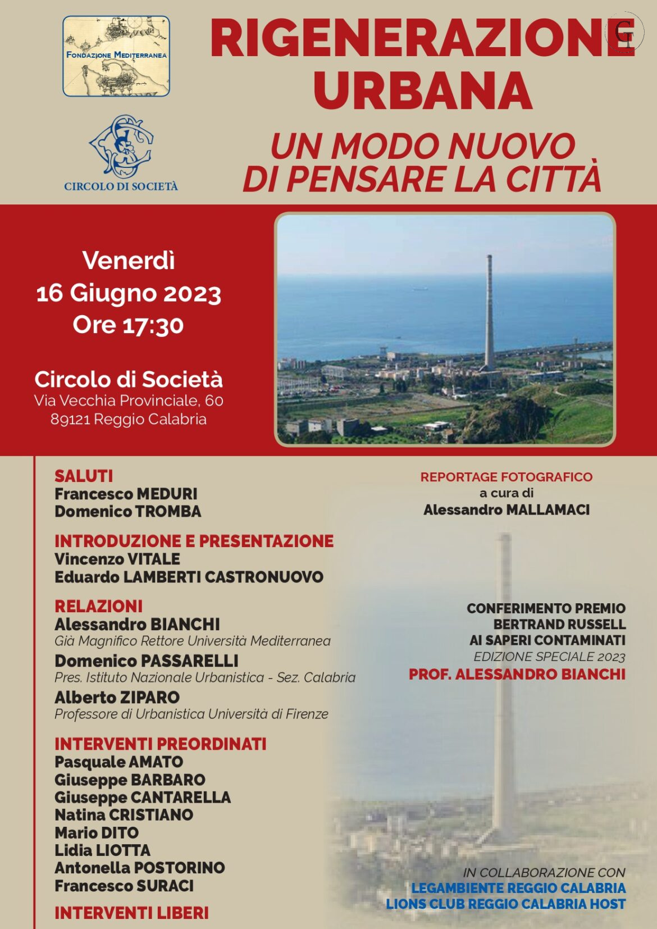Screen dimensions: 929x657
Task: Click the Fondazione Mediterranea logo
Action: point(116,56)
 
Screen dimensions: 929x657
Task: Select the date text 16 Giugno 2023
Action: point(129,293)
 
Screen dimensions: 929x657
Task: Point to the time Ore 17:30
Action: point(128,325)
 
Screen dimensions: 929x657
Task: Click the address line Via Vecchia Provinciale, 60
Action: point(129,400)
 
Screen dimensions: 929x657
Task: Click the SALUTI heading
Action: point(84,476)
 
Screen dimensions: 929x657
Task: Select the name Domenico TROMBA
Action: point(127,511)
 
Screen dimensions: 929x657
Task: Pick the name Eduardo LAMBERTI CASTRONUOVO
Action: point(189,577)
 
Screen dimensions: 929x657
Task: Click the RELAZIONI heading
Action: point(99,606)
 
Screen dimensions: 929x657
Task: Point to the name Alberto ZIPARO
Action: point(117,697)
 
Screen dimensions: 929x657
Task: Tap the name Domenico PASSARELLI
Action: point(146,661)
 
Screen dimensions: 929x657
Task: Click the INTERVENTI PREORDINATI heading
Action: point(160,744)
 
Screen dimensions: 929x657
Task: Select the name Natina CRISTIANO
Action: point(124,814)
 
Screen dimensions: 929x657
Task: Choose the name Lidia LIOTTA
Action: point(102,850)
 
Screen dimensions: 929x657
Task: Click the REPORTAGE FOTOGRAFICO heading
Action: point(506,477)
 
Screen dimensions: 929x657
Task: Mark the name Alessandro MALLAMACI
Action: point(506,509)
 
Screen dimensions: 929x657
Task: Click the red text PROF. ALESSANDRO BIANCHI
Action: point(517,674)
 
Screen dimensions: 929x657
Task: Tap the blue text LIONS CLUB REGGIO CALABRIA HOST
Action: point(505,904)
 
